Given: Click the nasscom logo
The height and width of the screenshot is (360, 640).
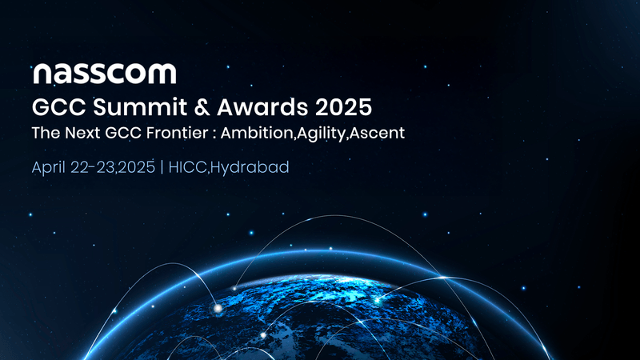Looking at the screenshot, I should click(x=104, y=74).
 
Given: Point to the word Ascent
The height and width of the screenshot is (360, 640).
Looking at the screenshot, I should click(x=378, y=134).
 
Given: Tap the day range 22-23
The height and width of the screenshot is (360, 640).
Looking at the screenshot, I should click(x=95, y=168).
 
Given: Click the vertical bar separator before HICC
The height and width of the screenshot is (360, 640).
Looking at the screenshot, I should click(x=163, y=168).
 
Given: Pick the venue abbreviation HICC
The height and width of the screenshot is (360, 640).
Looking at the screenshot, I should click(x=188, y=168).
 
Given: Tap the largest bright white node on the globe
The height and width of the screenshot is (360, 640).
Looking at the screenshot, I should click(x=216, y=307).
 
